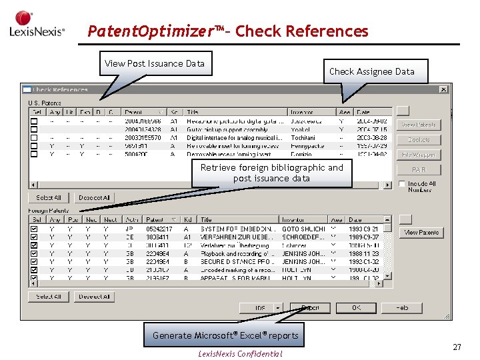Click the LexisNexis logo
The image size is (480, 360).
click(37, 25)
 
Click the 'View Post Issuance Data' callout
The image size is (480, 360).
click(155, 64)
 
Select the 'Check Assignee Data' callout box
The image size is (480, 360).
click(371, 71)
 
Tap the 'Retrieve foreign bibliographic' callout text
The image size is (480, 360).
click(271, 173)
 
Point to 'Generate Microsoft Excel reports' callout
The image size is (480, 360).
click(225, 335)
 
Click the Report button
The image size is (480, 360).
click(310, 308)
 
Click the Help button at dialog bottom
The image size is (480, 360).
click(401, 308)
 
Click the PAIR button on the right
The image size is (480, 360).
click(419, 170)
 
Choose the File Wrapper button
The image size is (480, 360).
click(419, 155)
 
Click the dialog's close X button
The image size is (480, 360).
click(443, 89)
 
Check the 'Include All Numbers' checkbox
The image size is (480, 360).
click(403, 184)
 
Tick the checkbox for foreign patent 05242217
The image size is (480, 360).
click(34, 229)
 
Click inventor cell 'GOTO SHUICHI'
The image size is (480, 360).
click(303, 229)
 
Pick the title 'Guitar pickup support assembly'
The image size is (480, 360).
click(227, 129)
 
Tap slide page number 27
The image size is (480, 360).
click(457, 347)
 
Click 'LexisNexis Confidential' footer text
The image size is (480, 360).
click(240, 354)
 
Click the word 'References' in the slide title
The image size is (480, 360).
click(326, 31)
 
